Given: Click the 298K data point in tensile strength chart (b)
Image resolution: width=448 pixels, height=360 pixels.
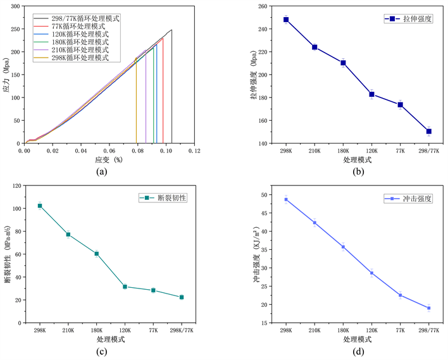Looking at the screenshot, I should click(286, 20).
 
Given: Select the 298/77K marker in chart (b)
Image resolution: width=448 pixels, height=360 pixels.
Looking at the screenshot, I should click(429, 132).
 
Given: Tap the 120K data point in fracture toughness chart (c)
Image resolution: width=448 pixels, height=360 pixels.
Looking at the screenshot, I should click(125, 287).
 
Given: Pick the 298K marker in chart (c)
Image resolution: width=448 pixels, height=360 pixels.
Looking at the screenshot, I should click(40, 206).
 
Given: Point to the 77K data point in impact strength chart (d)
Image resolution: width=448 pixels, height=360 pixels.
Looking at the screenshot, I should click(401, 295).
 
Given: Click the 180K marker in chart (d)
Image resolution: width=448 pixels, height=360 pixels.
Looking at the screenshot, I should click(344, 247).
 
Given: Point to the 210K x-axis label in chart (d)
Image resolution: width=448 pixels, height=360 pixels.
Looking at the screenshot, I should click(314, 331).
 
